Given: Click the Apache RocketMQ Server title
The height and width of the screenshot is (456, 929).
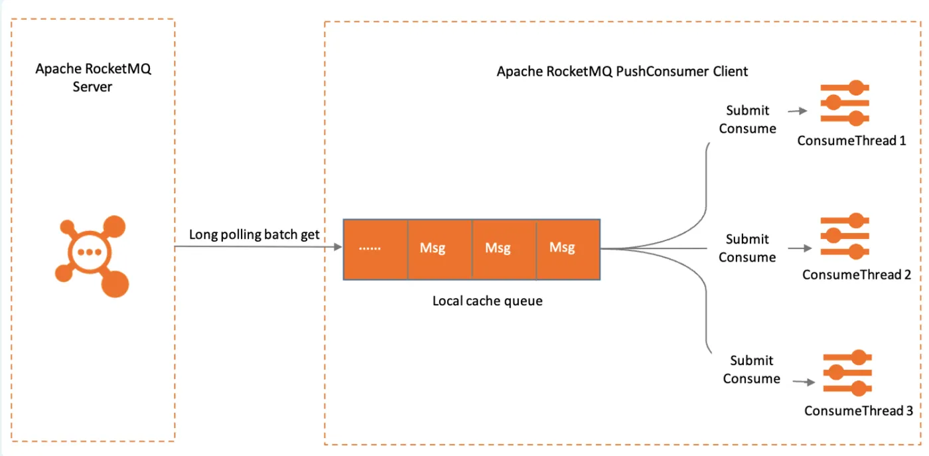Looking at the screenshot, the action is (x=93, y=78).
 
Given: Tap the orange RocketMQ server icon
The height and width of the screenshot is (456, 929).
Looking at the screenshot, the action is (x=92, y=256).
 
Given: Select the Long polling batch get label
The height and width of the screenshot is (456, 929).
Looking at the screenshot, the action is (x=254, y=234).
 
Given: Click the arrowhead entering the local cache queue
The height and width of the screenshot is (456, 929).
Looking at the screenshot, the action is (x=338, y=247).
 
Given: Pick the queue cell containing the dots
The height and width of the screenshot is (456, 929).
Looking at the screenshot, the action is (x=376, y=249).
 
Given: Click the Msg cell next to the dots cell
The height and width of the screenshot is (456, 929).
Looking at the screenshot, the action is (x=439, y=249).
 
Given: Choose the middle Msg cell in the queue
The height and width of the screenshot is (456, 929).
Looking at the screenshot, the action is (x=504, y=249).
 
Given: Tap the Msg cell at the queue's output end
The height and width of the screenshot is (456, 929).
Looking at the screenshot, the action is (x=568, y=249).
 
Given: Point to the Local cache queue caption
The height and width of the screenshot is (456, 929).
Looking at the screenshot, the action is (x=487, y=301).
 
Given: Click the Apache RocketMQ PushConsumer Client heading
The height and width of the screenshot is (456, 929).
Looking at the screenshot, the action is (x=622, y=72).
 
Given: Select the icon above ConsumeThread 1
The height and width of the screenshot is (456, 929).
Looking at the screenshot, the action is (x=845, y=103).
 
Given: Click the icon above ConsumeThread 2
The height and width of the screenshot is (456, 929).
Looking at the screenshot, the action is (x=845, y=236).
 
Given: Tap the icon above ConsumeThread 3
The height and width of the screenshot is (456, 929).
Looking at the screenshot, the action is (x=847, y=372).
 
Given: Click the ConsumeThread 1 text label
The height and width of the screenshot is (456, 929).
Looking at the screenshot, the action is (x=851, y=141).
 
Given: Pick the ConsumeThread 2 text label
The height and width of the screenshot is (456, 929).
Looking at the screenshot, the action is (x=857, y=275).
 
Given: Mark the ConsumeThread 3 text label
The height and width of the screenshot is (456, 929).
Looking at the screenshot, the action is (x=859, y=411).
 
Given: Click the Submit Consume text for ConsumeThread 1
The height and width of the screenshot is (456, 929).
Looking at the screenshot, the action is (x=747, y=119).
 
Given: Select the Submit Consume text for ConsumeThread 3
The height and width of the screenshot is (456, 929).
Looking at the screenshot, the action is (x=751, y=370).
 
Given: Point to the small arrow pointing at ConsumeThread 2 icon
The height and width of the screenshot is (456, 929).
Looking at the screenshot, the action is (x=800, y=248).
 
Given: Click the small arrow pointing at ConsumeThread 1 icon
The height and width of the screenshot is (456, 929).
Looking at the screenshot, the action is (x=798, y=111).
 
